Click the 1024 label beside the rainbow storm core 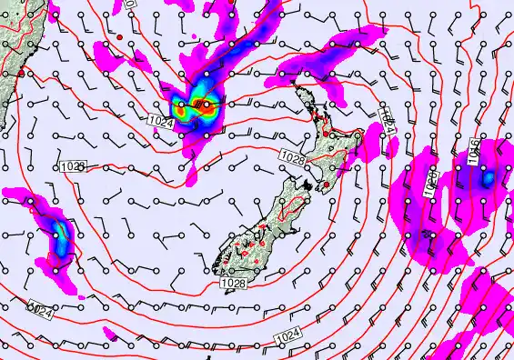click(x=159, y=121)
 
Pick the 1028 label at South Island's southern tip click(x=231, y=285)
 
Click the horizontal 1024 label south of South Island click(x=285, y=336)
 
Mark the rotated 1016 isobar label click(x=473, y=155)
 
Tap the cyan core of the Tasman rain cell click(x=61, y=241)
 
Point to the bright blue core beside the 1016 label click(x=488, y=178)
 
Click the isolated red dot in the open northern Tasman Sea click(x=119, y=36)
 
